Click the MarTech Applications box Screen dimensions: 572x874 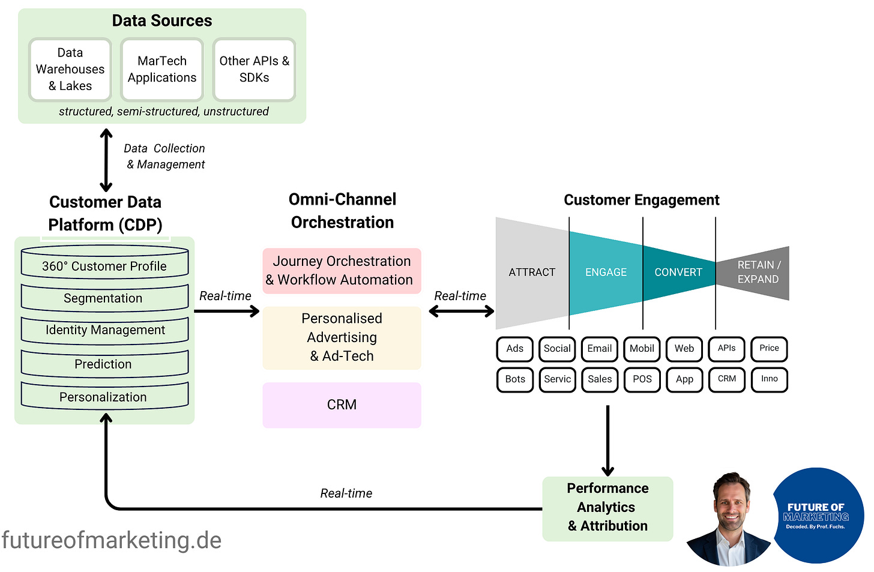coord(162,70)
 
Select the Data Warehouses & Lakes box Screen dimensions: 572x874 coord(70,70)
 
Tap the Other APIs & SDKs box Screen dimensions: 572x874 coord(254,70)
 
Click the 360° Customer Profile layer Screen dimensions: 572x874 coord(104,266)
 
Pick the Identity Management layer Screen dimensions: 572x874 coord(104,330)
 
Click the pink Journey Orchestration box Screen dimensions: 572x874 coord(342,271)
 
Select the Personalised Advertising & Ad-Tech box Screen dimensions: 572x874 coord(342,337)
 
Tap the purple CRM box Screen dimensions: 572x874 coord(342,405)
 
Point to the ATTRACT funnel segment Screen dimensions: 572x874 coord(532,272)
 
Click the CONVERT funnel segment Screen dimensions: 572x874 coord(678,272)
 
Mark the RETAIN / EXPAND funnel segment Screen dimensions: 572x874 coord(758,272)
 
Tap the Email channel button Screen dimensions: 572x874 coord(599,349)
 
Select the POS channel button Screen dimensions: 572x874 coord(642,379)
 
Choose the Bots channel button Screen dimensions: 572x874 coord(514,379)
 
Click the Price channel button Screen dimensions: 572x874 coord(769,349)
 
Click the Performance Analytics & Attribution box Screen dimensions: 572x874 coord(607,508)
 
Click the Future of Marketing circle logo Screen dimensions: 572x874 coord(816,516)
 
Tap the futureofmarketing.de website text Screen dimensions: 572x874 coord(112,540)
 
